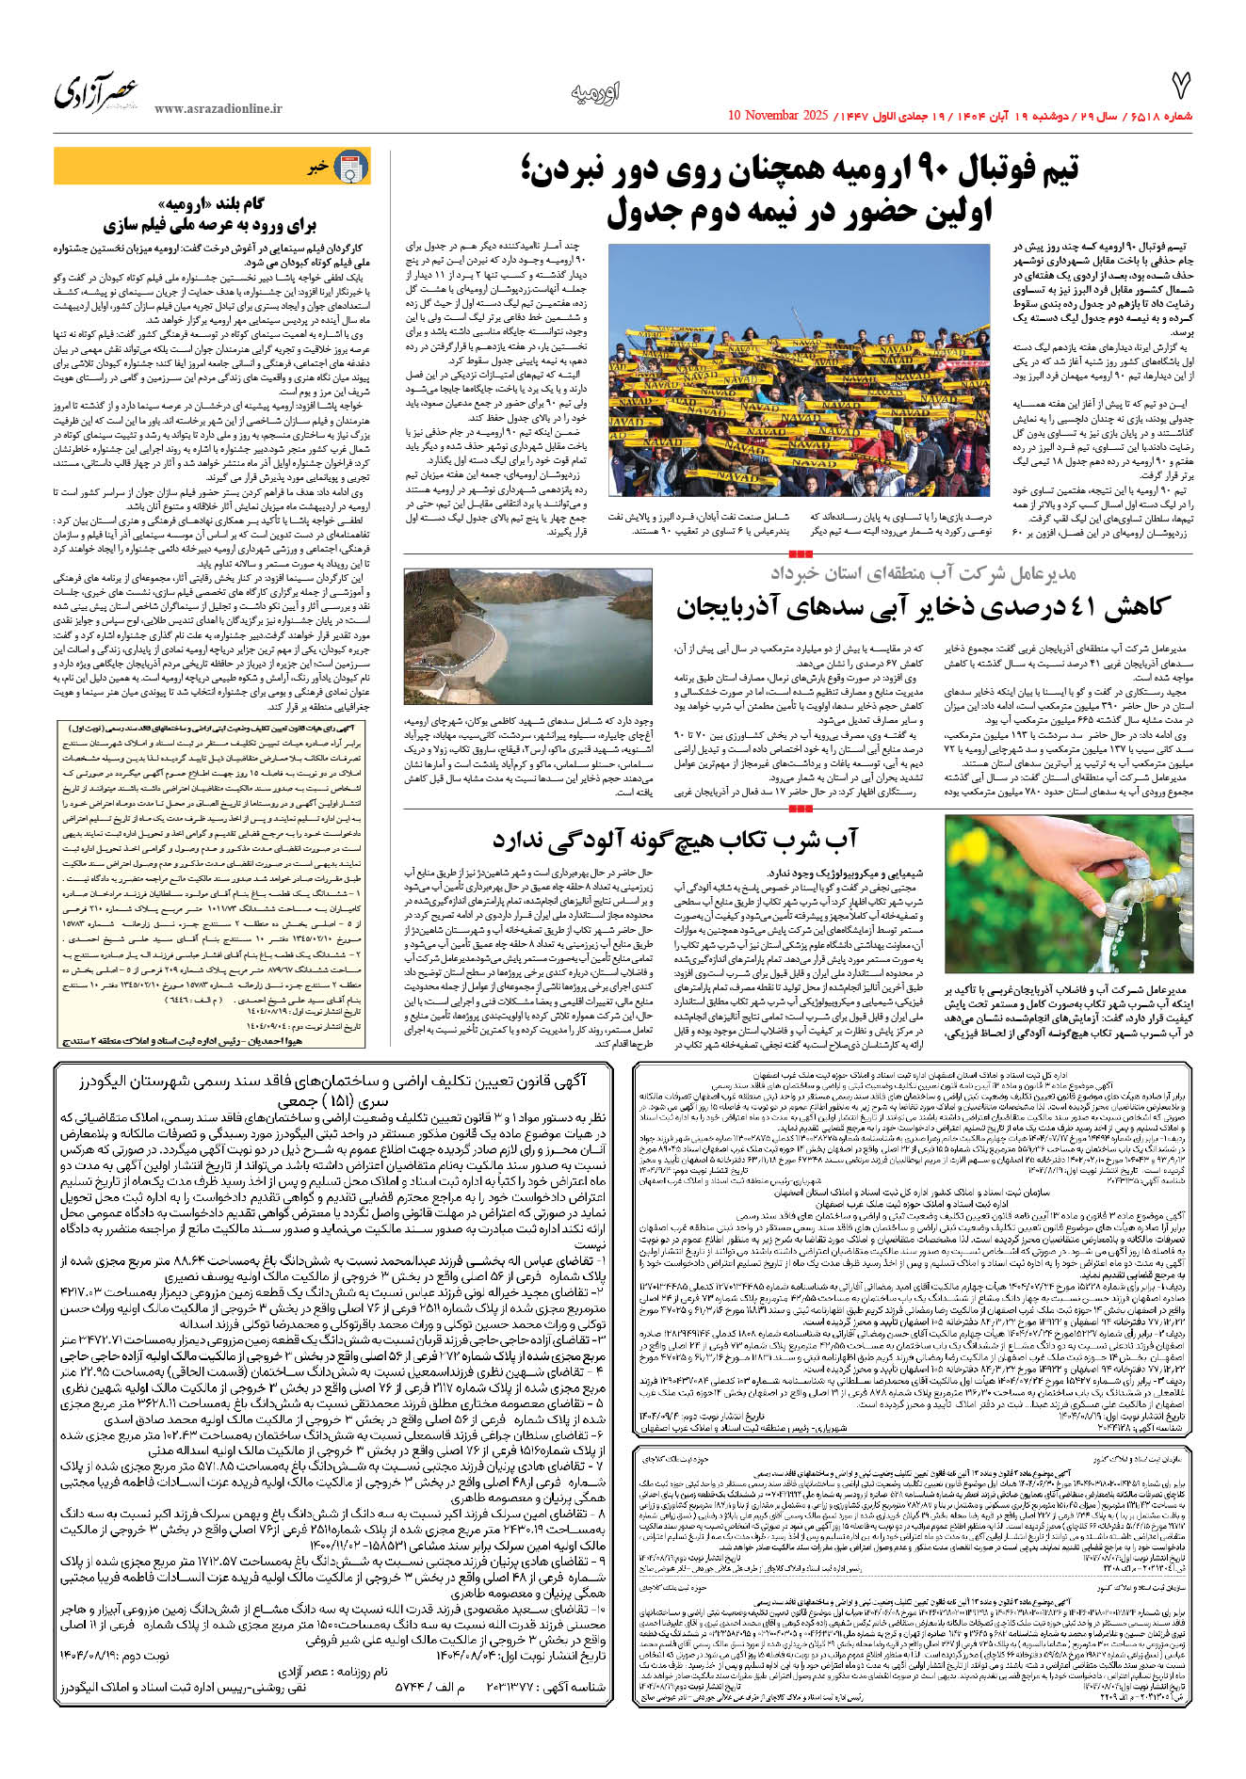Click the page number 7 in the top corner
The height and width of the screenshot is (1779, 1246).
click(x=1180, y=86)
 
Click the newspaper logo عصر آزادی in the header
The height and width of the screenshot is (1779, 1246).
click(x=96, y=93)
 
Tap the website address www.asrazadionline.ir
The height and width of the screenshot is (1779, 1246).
click(x=218, y=109)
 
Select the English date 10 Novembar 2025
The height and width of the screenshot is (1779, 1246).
click(x=778, y=116)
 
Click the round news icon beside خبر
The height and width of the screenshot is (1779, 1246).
click(x=351, y=168)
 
